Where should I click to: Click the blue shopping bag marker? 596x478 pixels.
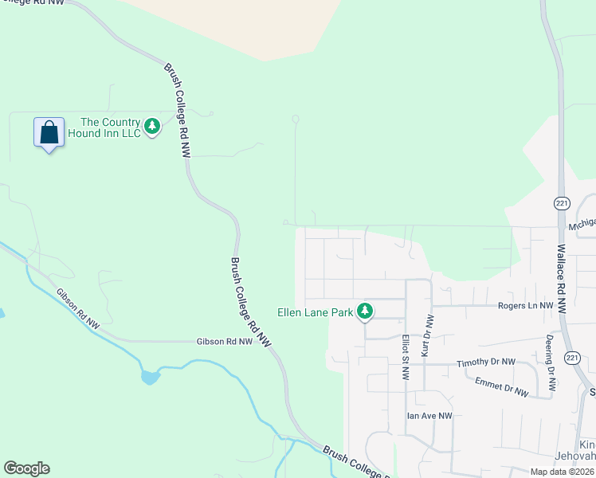coord(49,133)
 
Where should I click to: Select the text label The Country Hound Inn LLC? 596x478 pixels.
coord(111,127)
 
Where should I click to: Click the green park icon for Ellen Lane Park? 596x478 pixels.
coord(365,311)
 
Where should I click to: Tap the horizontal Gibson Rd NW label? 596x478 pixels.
coord(224,341)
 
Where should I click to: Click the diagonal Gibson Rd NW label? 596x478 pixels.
coord(78,308)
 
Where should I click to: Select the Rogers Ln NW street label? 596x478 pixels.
coord(525,306)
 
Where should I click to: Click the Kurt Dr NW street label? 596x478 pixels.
coord(427,335)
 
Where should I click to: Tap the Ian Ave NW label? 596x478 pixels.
coord(429,416)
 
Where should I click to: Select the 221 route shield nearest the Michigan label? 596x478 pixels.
coord(563,202)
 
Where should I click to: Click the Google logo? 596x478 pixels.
coord(26,468)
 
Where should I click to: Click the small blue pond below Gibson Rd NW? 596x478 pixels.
coord(150,377)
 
